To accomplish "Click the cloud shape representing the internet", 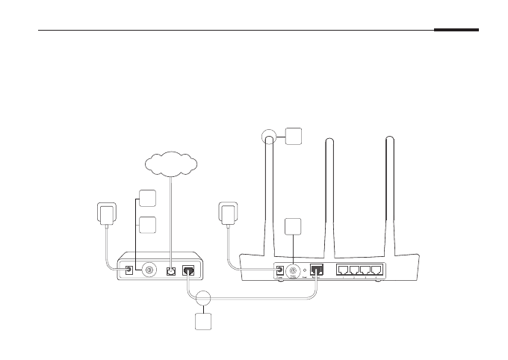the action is [x=172, y=162].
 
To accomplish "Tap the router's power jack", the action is [x=279, y=271].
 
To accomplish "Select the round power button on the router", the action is [x=294, y=271].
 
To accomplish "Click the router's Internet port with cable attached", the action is [x=317, y=270].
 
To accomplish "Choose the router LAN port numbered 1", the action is [x=344, y=270].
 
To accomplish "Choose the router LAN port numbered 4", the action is [x=378, y=270].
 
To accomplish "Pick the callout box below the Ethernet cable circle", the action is [x=203, y=323].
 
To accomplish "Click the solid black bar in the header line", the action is [x=456, y=31].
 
